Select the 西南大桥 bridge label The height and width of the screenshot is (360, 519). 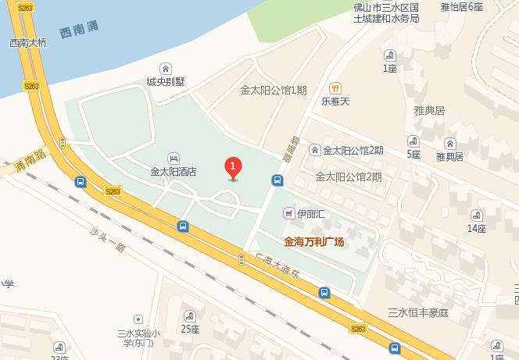pos(28,44)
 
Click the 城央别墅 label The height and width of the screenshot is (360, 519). pos(165,80)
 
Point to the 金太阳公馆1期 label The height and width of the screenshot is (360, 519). pos(274,90)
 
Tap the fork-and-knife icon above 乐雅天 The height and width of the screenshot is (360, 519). pos(335,87)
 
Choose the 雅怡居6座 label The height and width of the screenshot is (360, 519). pos(461,7)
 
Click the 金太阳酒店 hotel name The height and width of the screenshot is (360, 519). pos(174,172)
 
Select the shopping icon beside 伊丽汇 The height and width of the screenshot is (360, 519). pos(288,212)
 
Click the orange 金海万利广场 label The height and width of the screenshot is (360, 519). pos(314,242)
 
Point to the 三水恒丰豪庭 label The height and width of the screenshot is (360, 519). pos(419,313)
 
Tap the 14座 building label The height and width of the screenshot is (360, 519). pos(477,228)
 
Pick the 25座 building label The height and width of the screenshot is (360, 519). pos(190,328)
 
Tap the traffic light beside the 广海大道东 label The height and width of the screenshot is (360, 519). pos(242,259)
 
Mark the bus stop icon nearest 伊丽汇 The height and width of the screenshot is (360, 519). pos(277,180)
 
